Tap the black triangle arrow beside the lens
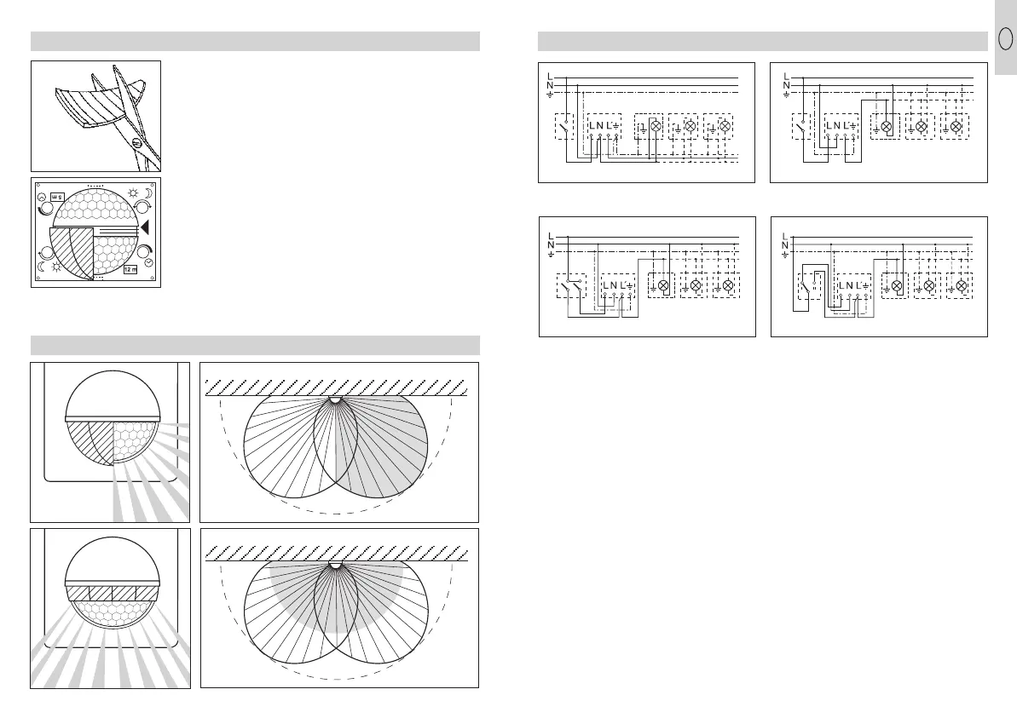(144, 227)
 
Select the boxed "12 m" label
(130, 270)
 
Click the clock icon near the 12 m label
(149, 264)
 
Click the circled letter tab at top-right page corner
(1006, 40)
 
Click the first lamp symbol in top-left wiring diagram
(656, 126)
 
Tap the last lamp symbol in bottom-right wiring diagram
(961, 285)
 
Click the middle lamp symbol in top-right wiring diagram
(922, 126)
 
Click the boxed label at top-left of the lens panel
(57, 195)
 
